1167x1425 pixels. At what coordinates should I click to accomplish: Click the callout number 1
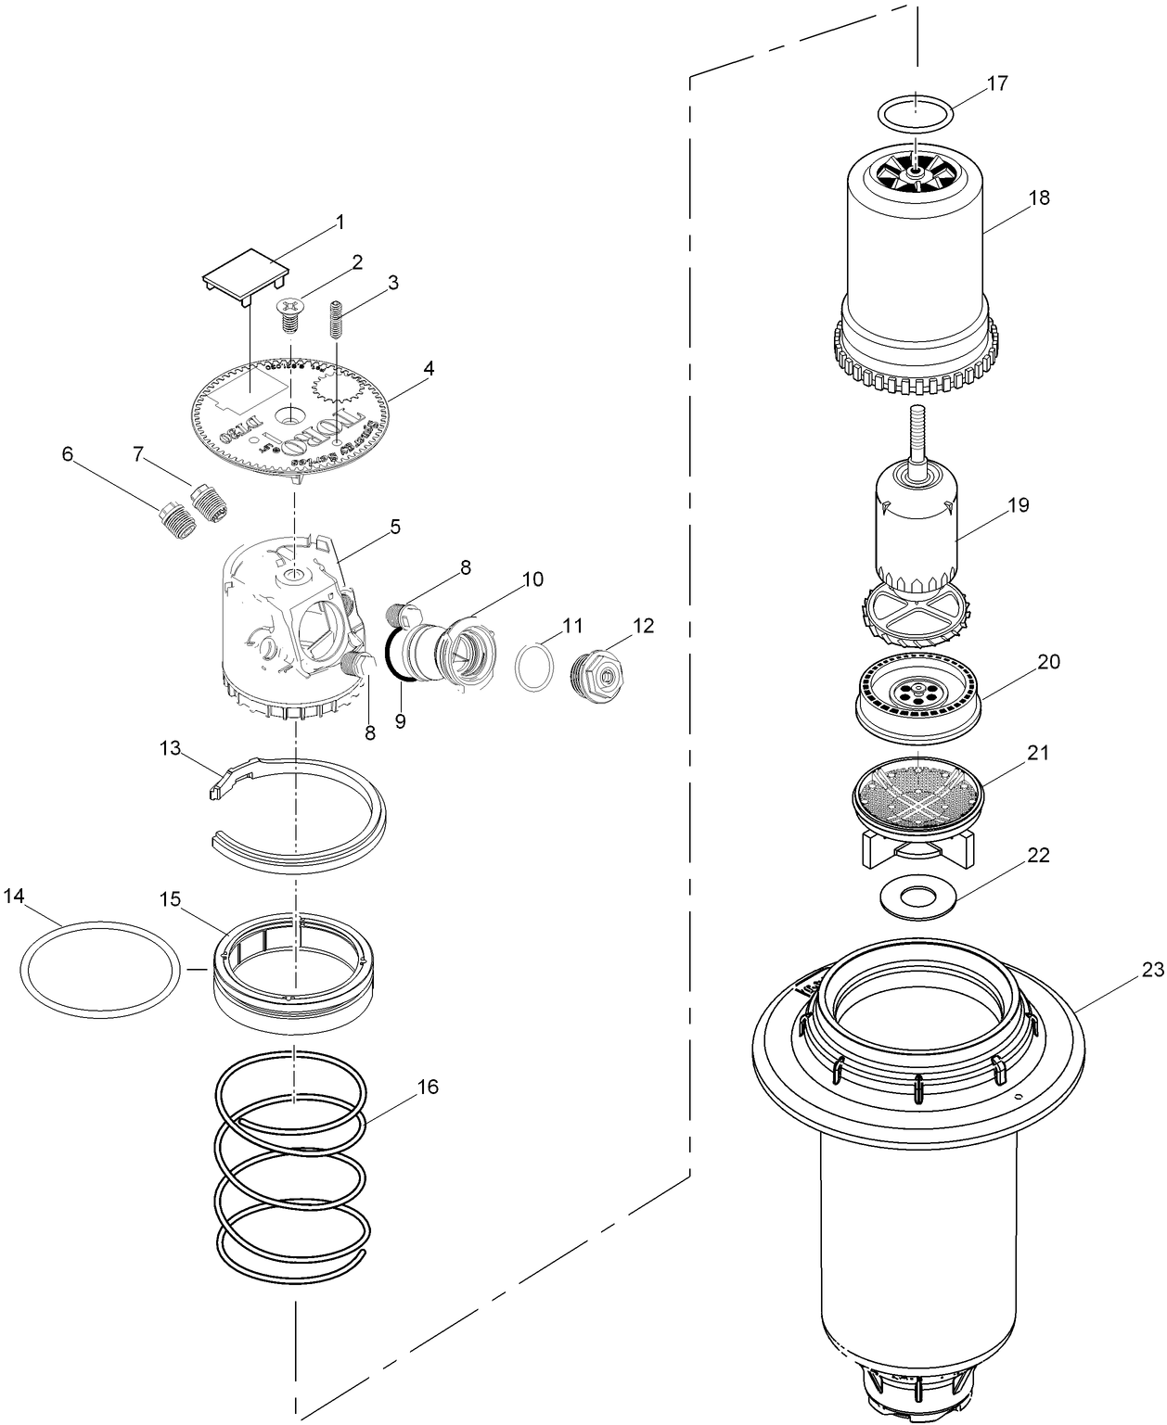click(x=340, y=223)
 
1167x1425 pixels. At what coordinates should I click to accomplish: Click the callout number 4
click(x=428, y=368)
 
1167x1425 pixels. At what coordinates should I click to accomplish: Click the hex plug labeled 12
click(x=600, y=670)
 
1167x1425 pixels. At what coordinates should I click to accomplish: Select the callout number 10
click(x=532, y=579)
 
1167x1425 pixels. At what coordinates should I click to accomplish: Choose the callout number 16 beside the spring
click(x=428, y=1087)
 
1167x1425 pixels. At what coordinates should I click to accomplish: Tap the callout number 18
click(x=1038, y=198)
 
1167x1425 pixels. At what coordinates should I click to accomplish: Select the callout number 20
click(x=1048, y=662)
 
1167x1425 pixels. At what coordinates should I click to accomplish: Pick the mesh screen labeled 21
click(x=917, y=787)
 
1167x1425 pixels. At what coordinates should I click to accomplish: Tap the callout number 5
click(x=395, y=528)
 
